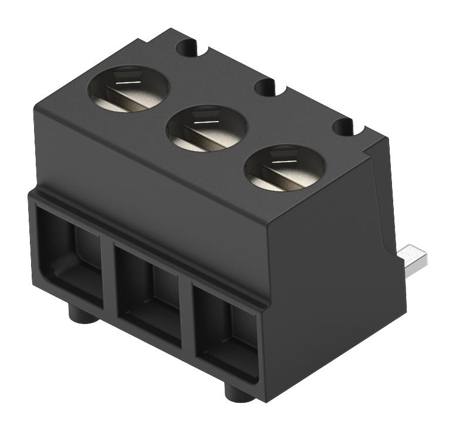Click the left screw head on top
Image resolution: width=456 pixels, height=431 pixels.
[x=128, y=89]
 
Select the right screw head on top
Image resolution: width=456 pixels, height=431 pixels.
[x=284, y=168]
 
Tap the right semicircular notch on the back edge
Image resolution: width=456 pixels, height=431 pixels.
[x=345, y=126]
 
